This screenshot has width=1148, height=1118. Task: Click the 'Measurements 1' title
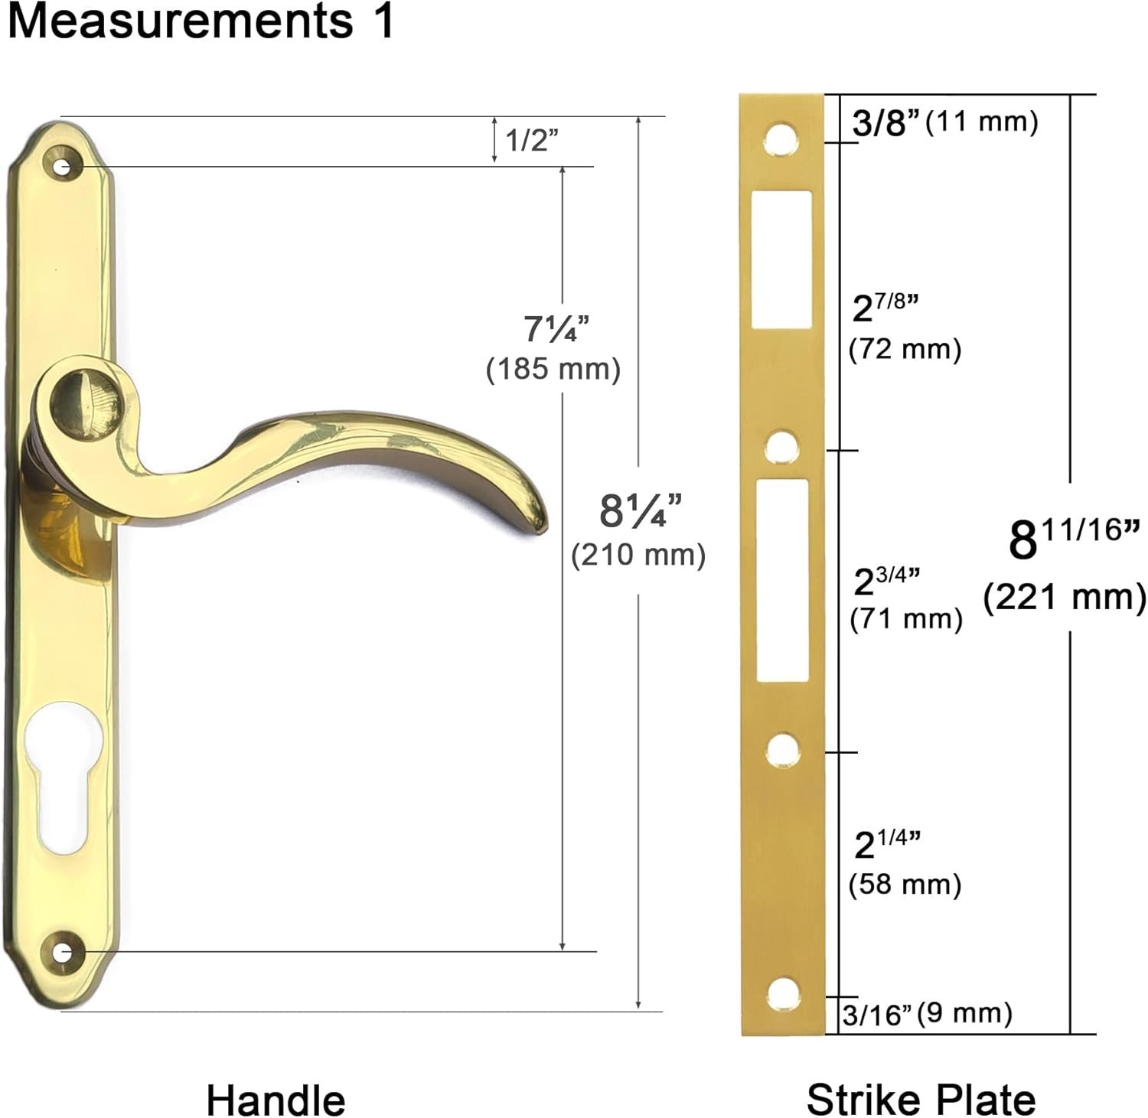tap(201, 21)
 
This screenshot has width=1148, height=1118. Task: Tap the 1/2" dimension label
tap(532, 140)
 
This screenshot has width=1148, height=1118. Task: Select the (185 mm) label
tap(553, 370)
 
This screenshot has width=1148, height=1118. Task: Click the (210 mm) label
tap(638, 555)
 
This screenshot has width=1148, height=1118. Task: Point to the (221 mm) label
tap(1065, 597)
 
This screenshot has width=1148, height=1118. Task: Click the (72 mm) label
tap(905, 350)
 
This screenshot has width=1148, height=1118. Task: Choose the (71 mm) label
tap(906, 618)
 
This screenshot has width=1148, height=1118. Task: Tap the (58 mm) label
tap(905, 885)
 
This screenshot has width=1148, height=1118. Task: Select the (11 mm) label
tap(982, 121)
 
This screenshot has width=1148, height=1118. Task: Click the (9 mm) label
tap(964, 1013)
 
